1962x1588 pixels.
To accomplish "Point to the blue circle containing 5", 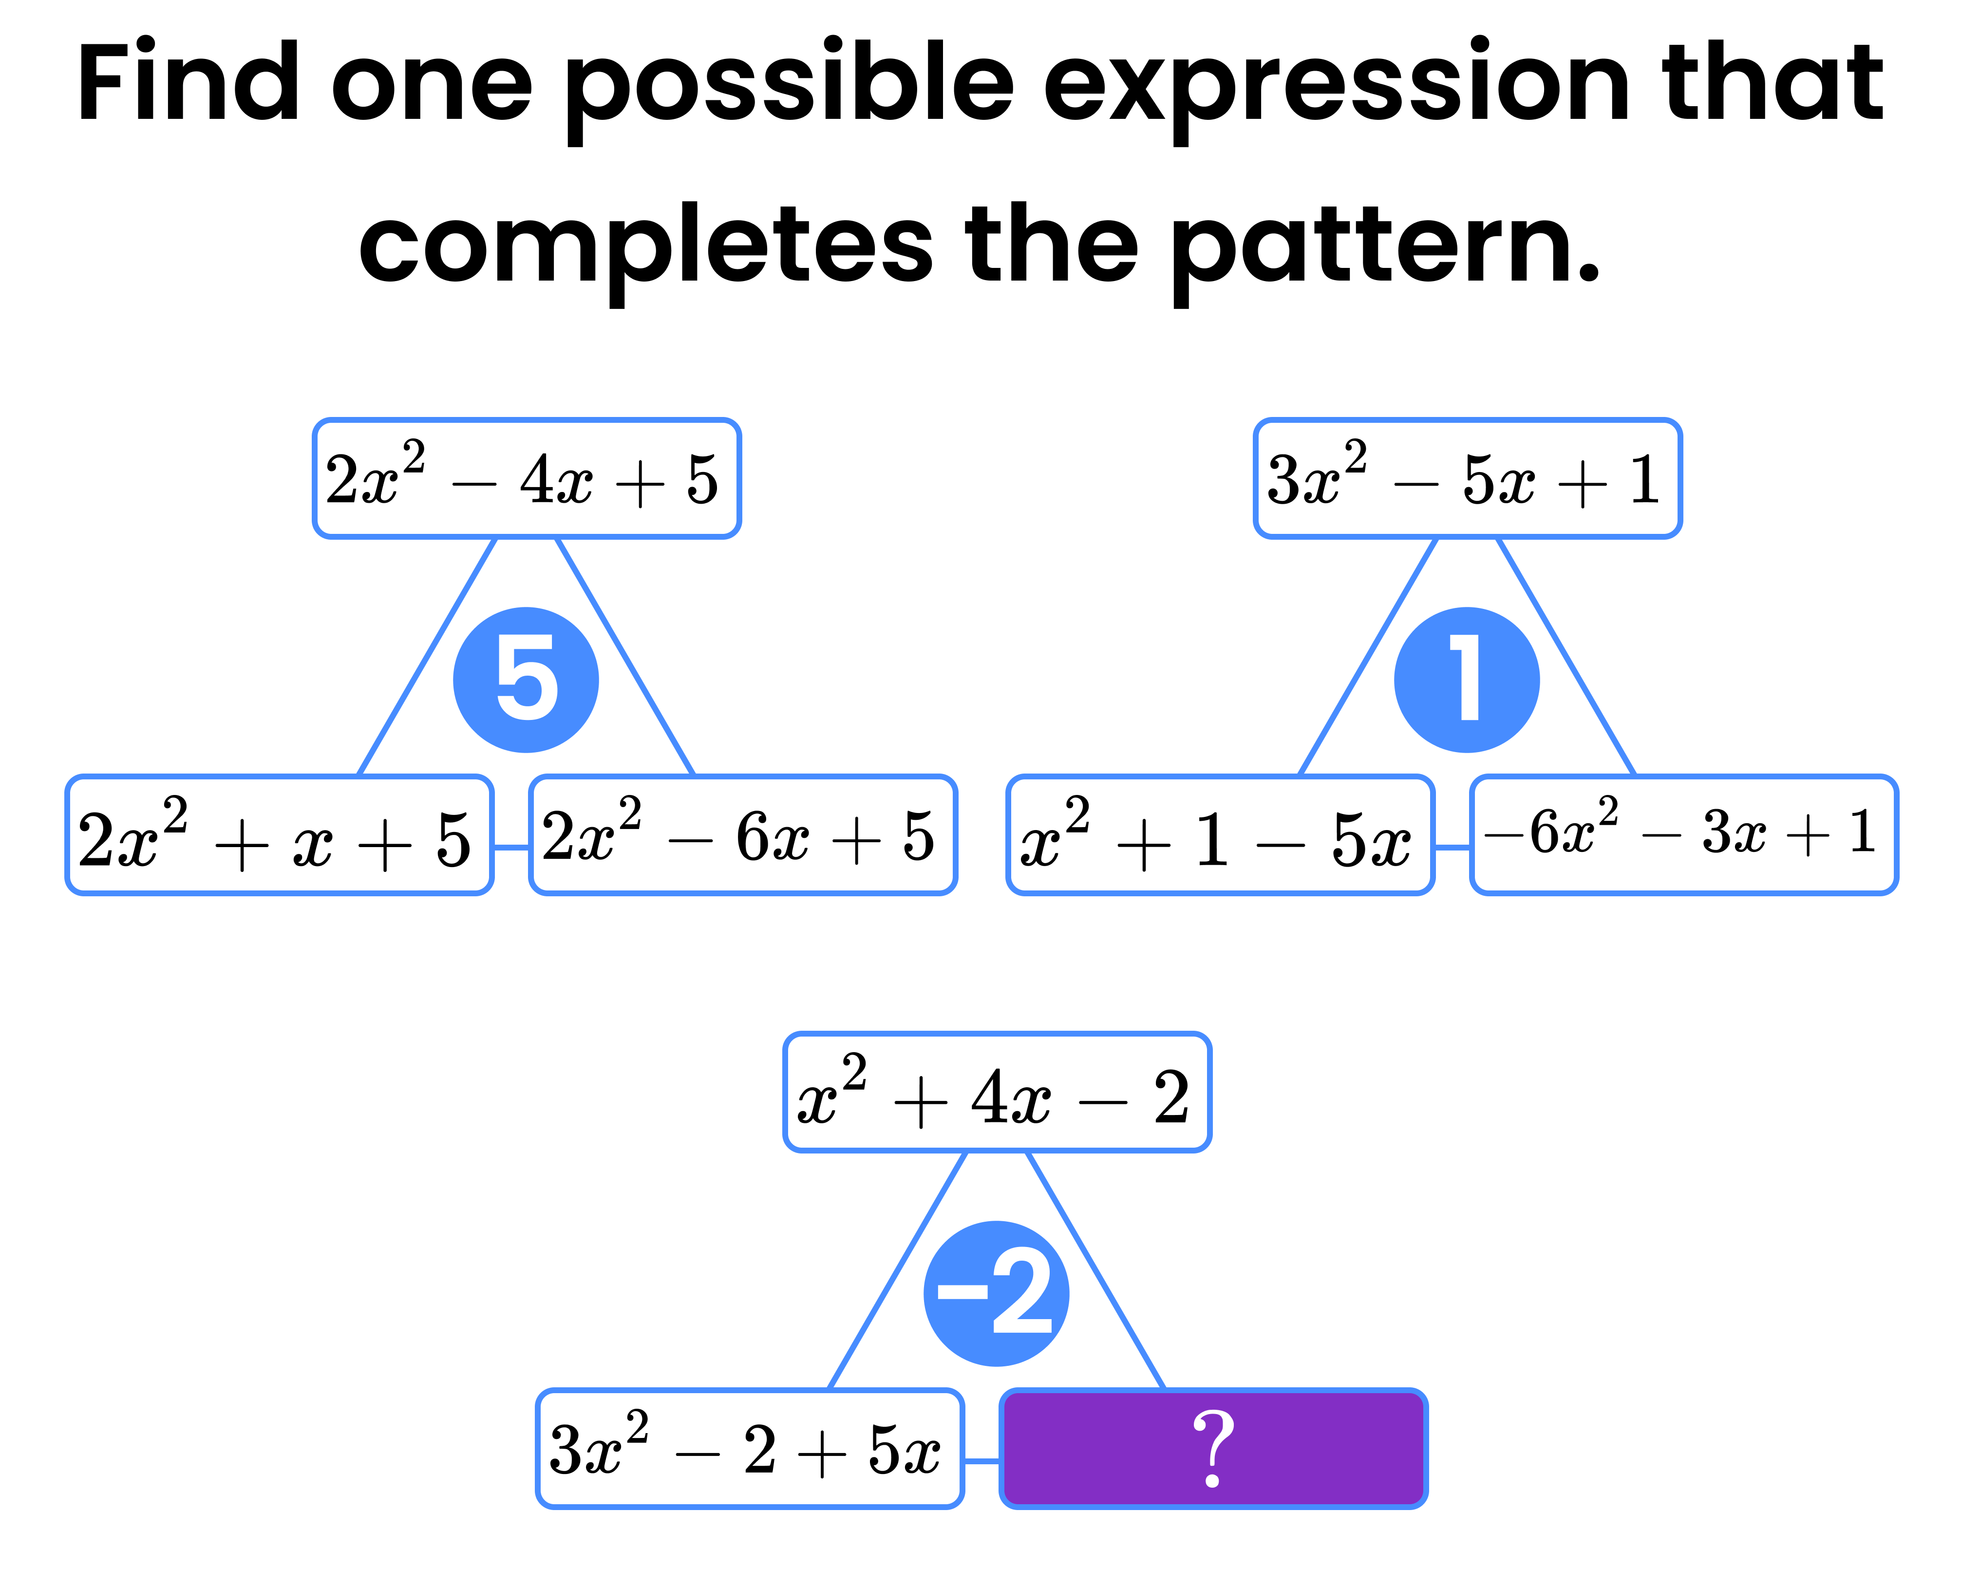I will point(526,680).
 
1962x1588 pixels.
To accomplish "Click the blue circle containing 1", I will point(1466,680).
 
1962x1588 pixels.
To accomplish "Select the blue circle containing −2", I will point(996,1293).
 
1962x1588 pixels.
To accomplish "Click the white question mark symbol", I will point(1213,1448).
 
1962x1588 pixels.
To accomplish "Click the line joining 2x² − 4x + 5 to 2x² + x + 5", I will point(426,657).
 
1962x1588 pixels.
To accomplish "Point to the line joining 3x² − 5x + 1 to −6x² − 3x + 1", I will point(1566,657).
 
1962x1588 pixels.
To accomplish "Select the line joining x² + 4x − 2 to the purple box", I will point(1096,1270).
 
